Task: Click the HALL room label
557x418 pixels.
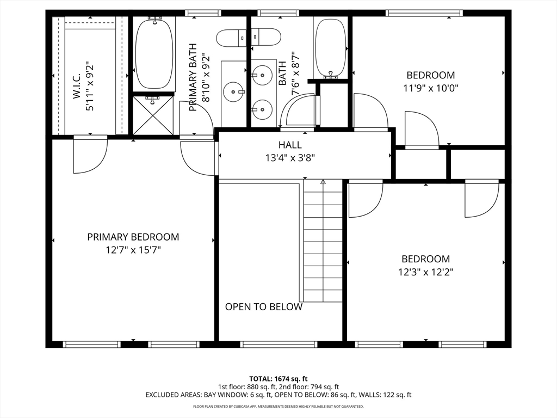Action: (x=290, y=145)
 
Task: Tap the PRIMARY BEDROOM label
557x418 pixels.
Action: (x=133, y=237)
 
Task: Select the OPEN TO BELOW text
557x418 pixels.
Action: (x=264, y=307)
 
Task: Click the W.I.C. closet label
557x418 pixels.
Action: (x=77, y=85)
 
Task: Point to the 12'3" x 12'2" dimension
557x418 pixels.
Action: (x=426, y=272)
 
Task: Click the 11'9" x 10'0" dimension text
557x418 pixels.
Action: (x=431, y=88)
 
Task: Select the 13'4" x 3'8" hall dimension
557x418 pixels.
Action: (x=290, y=157)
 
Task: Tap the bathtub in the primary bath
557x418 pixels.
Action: (x=154, y=54)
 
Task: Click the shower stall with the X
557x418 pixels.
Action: (x=153, y=114)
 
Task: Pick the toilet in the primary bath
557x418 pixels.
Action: (x=231, y=38)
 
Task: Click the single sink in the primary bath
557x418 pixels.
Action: (x=233, y=91)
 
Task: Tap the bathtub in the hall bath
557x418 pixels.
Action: (x=330, y=48)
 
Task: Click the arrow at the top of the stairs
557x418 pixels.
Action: (x=323, y=182)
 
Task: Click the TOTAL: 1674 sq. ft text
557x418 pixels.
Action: (x=278, y=379)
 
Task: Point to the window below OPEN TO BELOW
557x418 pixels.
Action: (x=278, y=344)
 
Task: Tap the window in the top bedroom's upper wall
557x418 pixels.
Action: (x=424, y=13)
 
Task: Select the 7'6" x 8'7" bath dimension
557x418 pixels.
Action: (x=295, y=74)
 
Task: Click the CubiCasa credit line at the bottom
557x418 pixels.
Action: (x=278, y=406)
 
